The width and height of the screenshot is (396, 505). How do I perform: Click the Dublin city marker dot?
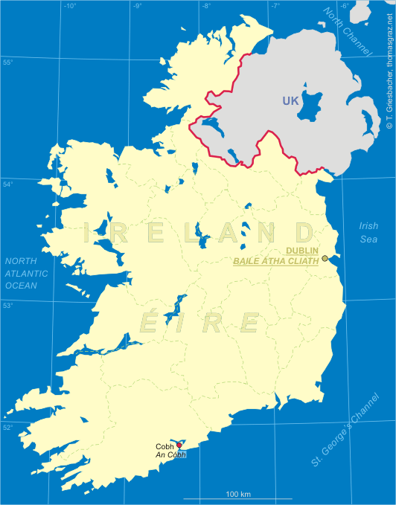(x=325, y=259)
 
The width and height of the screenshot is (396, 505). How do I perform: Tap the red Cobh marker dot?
(x=179, y=445)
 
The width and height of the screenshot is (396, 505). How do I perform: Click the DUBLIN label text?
(x=302, y=251)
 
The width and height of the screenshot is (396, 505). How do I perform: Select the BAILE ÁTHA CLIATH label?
(x=276, y=261)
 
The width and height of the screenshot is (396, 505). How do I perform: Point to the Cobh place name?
(x=165, y=446)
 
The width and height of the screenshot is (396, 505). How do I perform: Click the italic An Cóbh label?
(x=170, y=454)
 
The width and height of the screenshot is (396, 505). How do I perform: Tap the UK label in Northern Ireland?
(x=291, y=101)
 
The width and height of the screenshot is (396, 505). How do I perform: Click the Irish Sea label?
(x=368, y=232)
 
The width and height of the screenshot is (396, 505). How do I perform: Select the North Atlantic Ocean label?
(x=26, y=273)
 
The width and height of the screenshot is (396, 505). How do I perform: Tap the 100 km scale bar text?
(x=238, y=494)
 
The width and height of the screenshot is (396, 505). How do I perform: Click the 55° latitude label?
(x=8, y=62)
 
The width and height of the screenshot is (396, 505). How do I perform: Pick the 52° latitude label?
(x=7, y=426)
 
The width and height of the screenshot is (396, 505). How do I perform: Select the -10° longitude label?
(x=69, y=7)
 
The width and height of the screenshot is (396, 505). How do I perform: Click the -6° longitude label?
(x=345, y=7)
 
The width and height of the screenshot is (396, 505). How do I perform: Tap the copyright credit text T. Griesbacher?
(x=389, y=67)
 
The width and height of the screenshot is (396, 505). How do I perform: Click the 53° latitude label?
(x=7, y=305)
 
